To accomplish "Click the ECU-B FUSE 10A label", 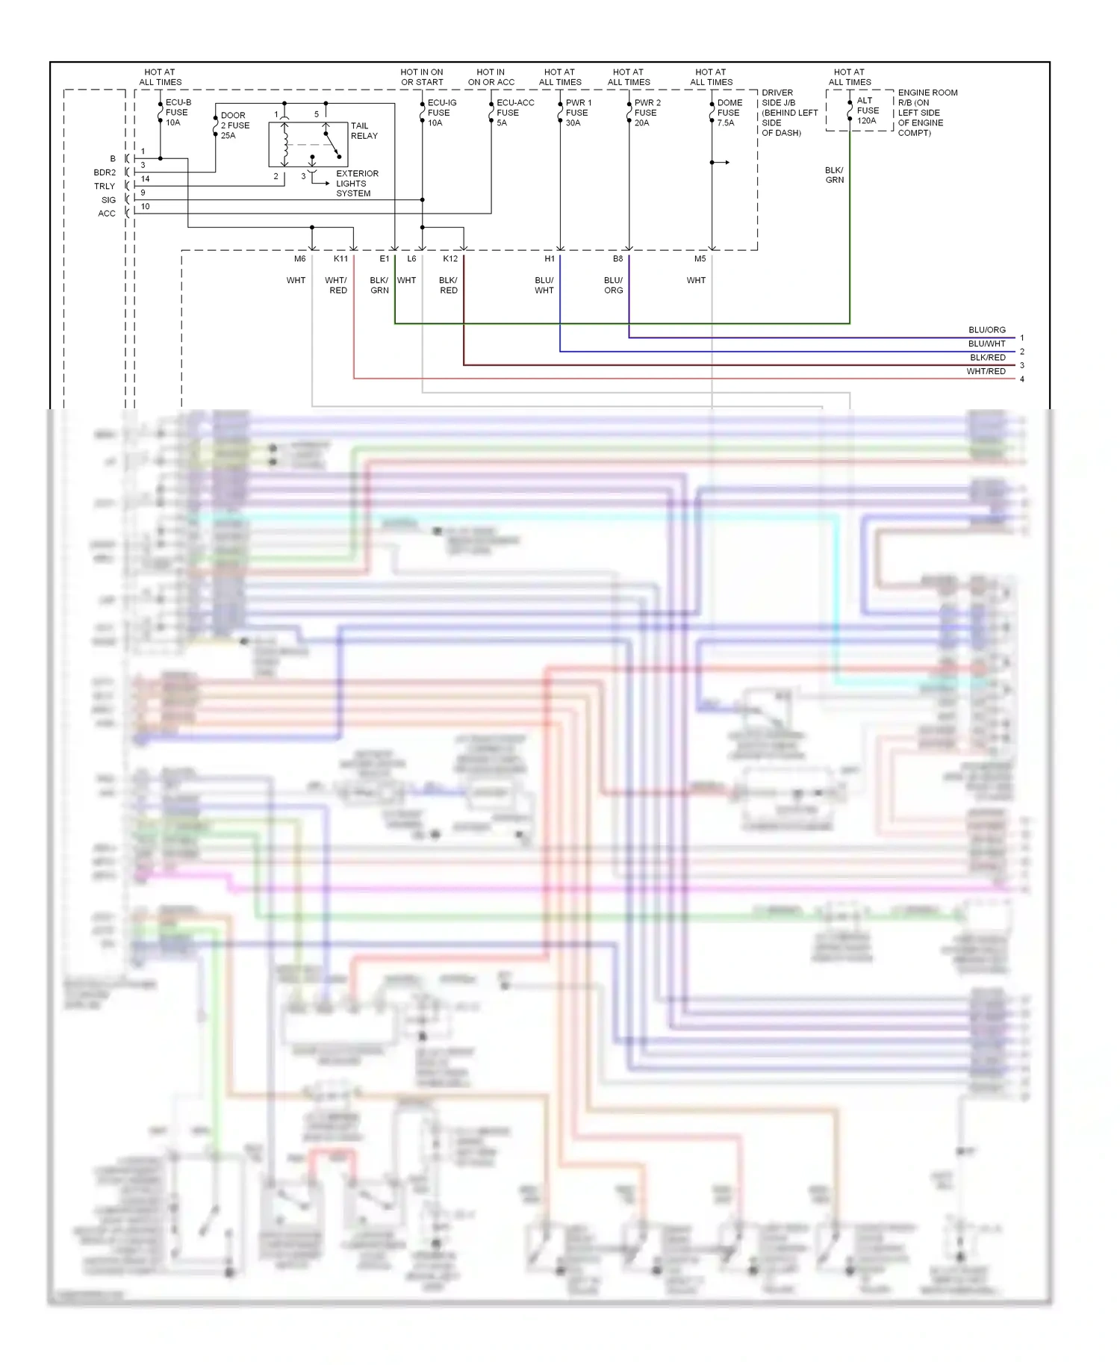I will pos(178,112).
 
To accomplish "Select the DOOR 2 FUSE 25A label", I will pos(234,125).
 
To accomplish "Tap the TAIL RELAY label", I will pos(364,131).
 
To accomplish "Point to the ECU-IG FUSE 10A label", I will pos(441,113).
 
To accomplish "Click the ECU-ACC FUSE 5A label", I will pos(514,113).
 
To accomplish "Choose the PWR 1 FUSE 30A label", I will pos(578,113).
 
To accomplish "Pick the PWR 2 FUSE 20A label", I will pos(647,113).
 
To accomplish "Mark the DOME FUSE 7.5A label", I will pos(729,113).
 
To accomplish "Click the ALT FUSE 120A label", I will pos(867,111).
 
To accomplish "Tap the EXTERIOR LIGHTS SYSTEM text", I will pos(357,183).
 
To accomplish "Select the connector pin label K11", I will pos(340,258).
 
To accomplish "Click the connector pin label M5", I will pos(700,258).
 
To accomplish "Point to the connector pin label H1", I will pos(550,258).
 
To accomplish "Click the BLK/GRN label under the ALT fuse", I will pos(834,175).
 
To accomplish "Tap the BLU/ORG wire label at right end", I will pos(986,329).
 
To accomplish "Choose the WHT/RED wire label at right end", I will pos(986,371).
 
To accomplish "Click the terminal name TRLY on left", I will pos(105,186).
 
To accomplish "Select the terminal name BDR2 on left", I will pos(105,172).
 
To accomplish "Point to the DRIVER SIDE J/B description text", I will pos(788,113).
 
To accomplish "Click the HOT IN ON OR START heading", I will pos(422,77).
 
